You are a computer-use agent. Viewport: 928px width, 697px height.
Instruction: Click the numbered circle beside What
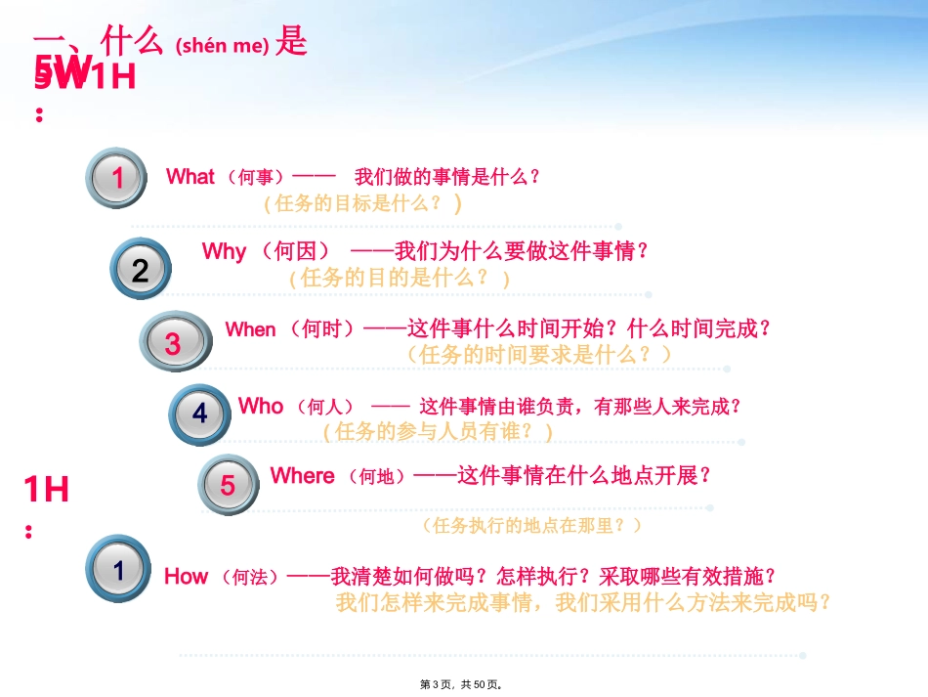pos(118,178)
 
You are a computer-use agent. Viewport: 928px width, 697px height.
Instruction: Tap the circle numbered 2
pos(141,270)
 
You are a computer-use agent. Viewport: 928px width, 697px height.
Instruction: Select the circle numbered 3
pos(173,343)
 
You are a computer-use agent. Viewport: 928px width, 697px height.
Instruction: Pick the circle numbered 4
pos(200,414)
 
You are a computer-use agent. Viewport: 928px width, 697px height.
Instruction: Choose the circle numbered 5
pos(228,485)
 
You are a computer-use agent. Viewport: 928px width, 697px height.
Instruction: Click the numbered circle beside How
pos(119,569)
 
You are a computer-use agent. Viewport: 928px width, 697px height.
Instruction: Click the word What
pos(190,177)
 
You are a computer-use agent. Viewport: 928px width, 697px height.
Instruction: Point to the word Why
pos(224,251)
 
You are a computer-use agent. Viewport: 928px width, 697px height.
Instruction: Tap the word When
pos(250,329)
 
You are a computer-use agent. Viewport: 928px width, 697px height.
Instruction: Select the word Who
pos(261,406)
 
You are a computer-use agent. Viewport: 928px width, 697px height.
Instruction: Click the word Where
pos(302,476)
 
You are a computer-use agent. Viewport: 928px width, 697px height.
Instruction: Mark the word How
pos(186,576)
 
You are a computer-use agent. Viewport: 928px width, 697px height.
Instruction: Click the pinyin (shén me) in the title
pos(222,46)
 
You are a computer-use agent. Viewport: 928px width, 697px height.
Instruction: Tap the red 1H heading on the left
pos(46,489)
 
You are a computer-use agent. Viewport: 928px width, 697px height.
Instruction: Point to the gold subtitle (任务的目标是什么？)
pos(362,203)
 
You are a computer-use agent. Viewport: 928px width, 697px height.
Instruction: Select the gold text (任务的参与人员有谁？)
pos(438,430)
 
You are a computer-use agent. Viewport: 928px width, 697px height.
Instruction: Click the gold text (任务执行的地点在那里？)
pos(532,525)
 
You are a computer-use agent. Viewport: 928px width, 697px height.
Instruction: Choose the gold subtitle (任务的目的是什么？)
pos(400,278)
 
